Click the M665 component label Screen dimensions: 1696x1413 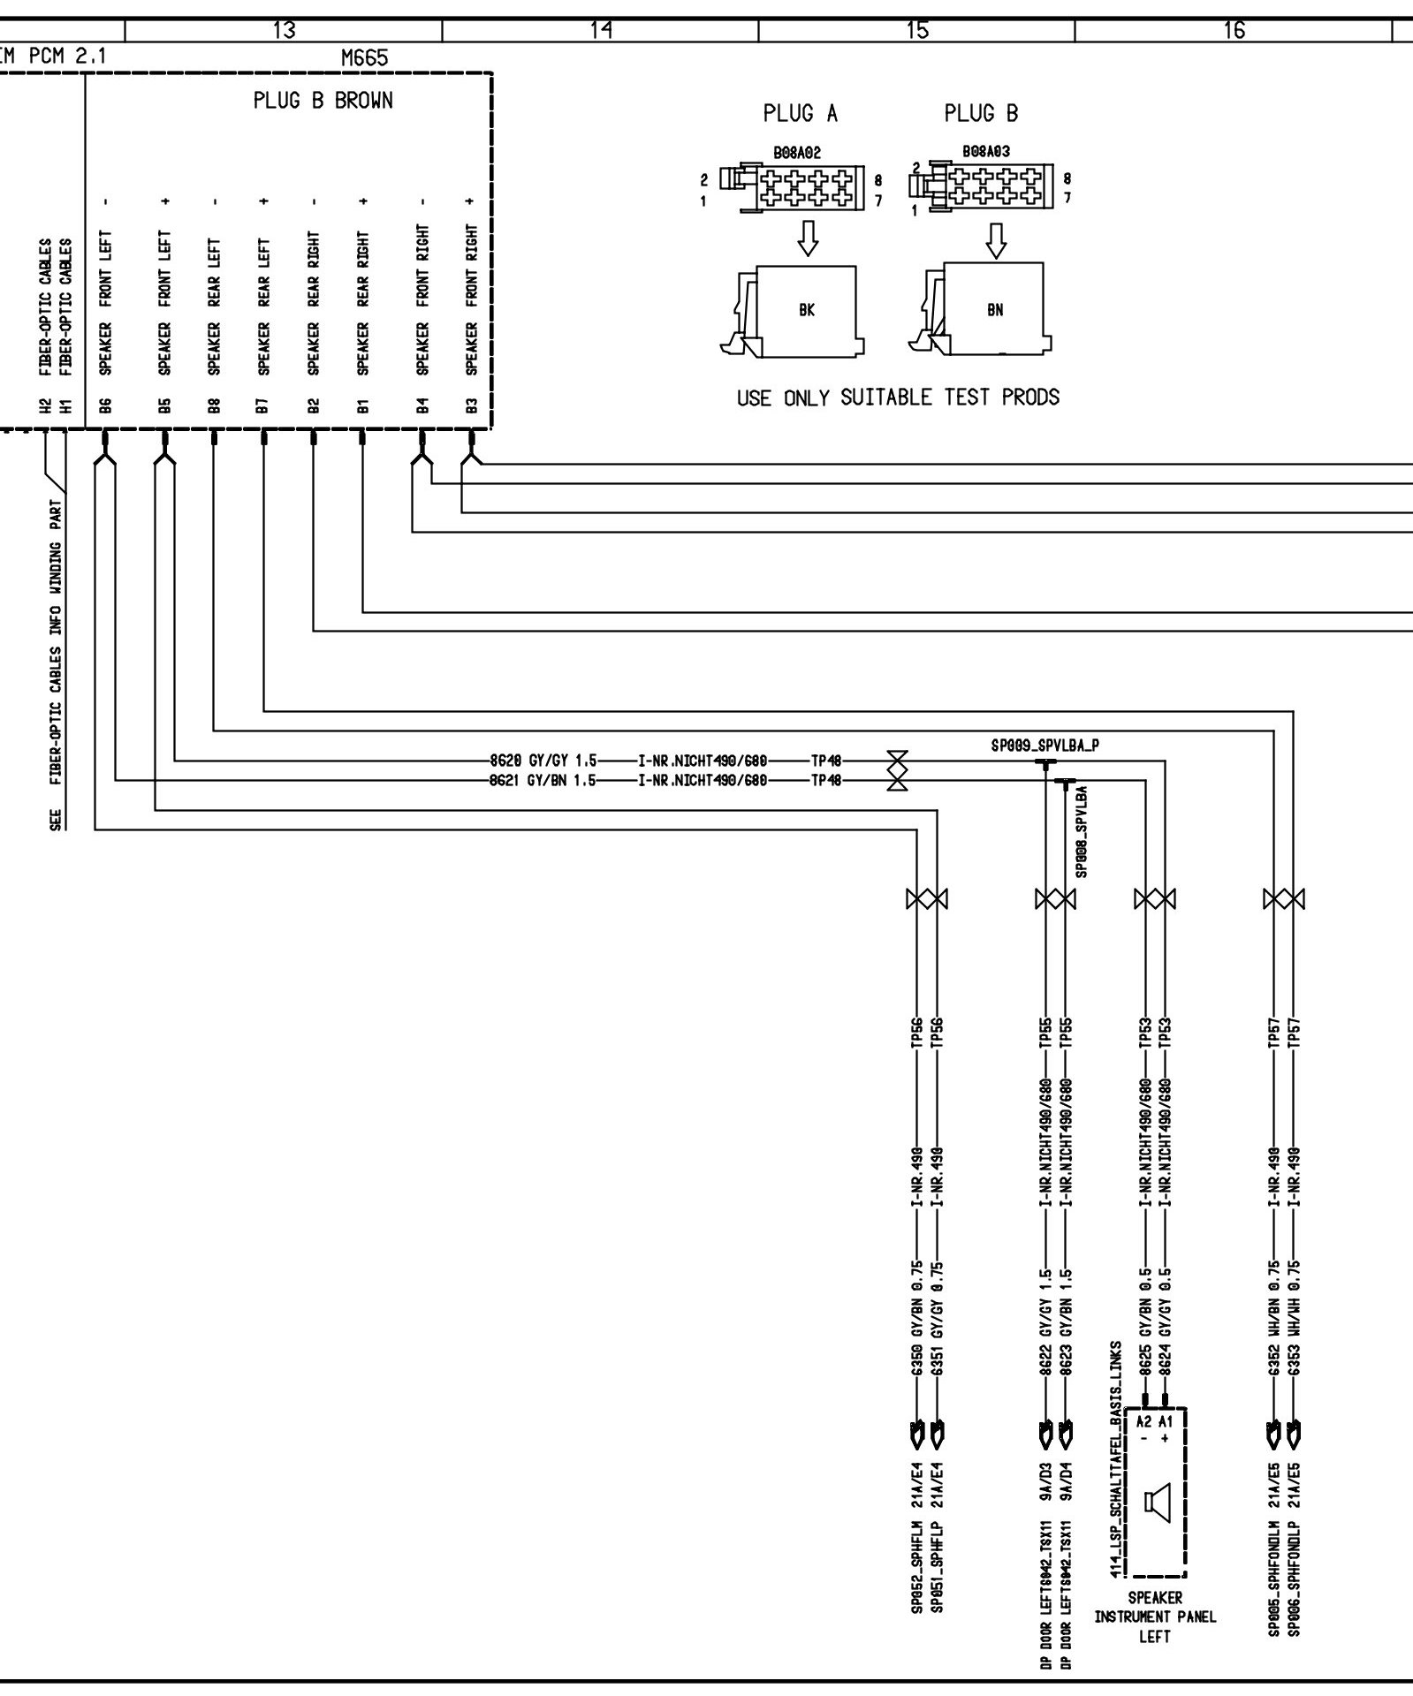364,58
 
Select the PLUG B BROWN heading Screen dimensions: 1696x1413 323,101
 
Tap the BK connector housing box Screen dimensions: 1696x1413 806,311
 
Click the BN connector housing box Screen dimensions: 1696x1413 995,310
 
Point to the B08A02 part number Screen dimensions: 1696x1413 798,153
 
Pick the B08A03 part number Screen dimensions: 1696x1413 986,152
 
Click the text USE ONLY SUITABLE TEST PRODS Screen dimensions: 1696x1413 898,397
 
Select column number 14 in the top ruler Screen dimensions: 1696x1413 601,31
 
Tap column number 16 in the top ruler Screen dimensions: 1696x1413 1234,31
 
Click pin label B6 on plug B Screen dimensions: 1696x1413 105,405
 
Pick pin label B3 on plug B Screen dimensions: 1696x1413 471,405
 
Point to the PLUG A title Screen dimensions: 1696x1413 801,114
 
